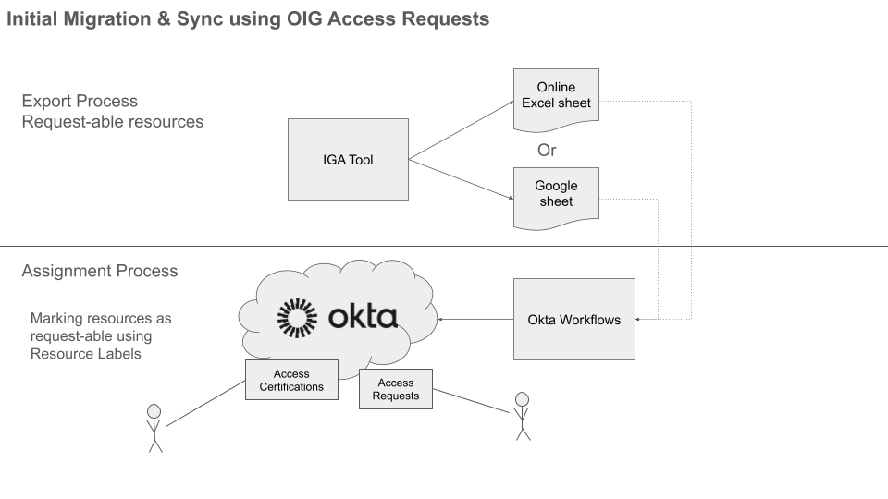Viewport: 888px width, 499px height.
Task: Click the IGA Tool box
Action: pyautogui.click(x=348, y=159)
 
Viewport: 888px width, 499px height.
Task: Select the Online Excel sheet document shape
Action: pyautogui.click(x=556, y=95)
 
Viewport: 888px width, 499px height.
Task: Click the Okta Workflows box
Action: pyautogui.click(x=573, y=320)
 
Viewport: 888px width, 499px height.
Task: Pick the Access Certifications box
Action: pyautogui.click(x=291, y=380)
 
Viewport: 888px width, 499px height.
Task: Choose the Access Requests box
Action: pyautogui.click(x=395, y=389)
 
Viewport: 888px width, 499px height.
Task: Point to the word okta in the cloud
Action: pyautogui.click(x=363, y=317)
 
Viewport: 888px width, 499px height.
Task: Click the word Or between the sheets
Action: pyautogui.click(x=547, y=151)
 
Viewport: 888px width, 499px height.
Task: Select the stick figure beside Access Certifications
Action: pyautogui.click(x=154, y=427)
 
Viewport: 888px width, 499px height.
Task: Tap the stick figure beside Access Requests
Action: pyautogui.click(x=523, y=416)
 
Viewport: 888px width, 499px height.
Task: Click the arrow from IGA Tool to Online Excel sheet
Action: pyautogui.click(x=461, y=129)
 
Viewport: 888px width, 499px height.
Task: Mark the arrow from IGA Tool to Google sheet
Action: pyautogui.click(x=461, y=179)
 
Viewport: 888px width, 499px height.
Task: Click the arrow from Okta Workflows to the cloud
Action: pyautogui.click(x=475, y=320)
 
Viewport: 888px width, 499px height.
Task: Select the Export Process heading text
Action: pyautogui.click(x=80, y=102)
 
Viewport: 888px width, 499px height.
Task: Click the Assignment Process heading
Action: pyautogui.click(x=100, y=272)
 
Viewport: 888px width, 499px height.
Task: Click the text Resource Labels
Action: pyautogui.click(x=86, y=353)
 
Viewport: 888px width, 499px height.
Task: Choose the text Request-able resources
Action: pyautogui.click(x=113, y=122)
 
